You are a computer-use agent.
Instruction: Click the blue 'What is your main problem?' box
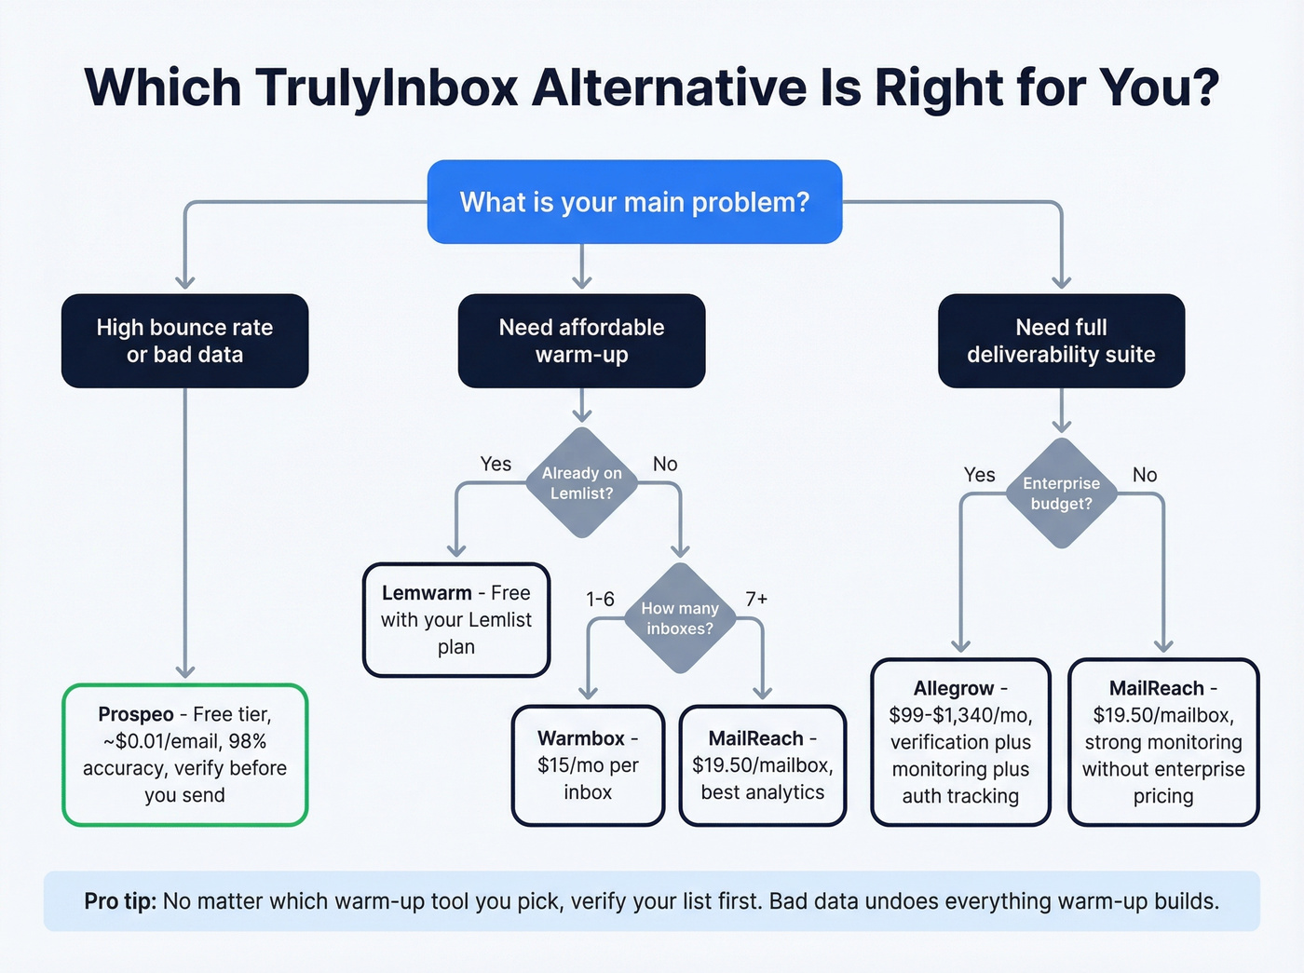634,202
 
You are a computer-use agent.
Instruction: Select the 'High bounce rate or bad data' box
184,341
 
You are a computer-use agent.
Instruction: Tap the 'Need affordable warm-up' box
581,341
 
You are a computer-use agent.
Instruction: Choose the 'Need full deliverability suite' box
1061,341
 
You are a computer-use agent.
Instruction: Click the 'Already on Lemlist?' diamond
581,482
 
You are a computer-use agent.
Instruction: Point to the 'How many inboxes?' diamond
680,617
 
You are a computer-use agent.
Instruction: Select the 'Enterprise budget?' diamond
1061,493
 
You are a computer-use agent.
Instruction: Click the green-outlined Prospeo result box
184,754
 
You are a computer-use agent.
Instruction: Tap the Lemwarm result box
455,619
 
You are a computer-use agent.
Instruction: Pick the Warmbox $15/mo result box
588,764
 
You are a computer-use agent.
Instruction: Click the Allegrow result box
960,741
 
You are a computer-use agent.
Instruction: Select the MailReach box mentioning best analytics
762,764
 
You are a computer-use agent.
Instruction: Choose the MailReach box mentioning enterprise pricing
1162,741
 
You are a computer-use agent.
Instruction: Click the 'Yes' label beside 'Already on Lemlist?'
496,464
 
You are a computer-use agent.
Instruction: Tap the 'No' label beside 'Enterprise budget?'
1145,475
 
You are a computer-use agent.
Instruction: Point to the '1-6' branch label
600,599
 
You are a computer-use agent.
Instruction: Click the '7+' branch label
756,599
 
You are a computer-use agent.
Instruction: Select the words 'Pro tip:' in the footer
120,901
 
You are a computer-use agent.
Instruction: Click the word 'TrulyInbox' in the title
387,88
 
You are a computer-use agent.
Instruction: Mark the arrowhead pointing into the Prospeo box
185,671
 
